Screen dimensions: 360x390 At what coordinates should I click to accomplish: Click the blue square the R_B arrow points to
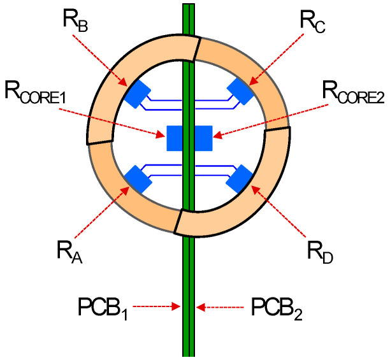tap(136, 94)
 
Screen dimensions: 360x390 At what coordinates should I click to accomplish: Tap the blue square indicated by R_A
tap(138, 178)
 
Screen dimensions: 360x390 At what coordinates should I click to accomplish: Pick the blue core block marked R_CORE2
tap(203, 138)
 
